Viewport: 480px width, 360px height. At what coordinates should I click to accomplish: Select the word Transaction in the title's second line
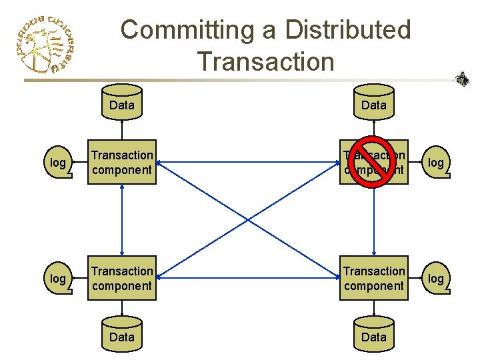click(x=265, y=61)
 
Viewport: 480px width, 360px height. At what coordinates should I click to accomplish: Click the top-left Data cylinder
click(x=122, y=103)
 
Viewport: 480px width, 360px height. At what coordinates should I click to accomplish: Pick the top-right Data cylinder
click(x=373, y=103)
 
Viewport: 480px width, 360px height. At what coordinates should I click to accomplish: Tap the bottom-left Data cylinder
click(x=122, y=336)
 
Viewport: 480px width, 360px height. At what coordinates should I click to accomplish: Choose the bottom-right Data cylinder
click(x=373, y=336)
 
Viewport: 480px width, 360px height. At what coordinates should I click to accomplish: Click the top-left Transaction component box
click(x=122, y=162)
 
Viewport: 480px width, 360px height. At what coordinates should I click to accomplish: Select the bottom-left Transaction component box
click(x=122, y=279)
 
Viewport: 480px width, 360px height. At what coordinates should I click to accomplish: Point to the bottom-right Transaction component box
click(x=373, y=279)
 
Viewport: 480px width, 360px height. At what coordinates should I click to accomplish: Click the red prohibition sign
click(x=373, y=162)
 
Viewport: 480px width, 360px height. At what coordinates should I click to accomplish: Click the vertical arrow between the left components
click(x=122, y=220)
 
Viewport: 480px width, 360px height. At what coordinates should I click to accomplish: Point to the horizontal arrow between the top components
click(x=248, y=162)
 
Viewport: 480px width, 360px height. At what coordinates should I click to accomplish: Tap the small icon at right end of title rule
click(x=461, y=79)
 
